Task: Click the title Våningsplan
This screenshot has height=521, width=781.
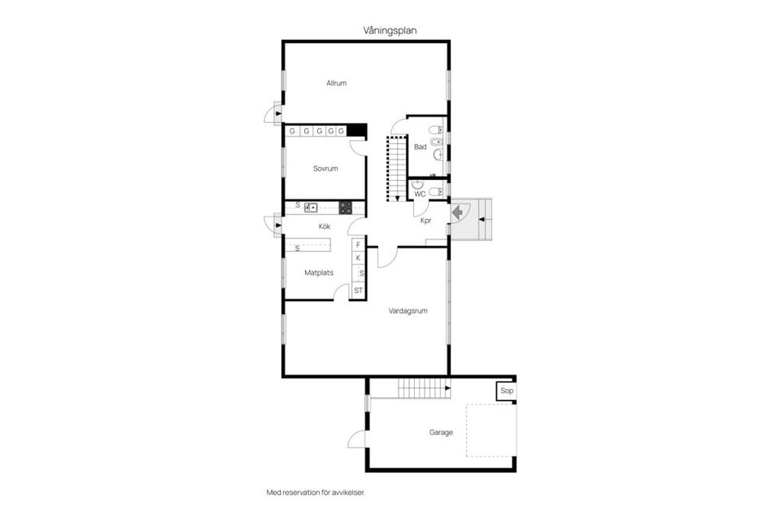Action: [x=390, y=30]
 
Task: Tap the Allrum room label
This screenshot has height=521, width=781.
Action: [x=336, y=83]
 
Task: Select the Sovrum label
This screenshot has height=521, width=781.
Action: [x=325, y=169]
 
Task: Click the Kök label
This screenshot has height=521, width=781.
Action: [x=325, y=226]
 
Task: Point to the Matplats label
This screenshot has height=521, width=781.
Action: [x=319, y=273]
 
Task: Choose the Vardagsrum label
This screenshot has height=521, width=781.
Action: [x=408, y=311]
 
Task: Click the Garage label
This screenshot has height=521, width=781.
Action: [x=441, y=432]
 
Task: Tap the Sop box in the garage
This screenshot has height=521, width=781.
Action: [x=507, y=391]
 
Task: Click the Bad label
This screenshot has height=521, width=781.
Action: [x=421, y=147]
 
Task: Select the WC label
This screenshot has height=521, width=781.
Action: [x=420, y=194]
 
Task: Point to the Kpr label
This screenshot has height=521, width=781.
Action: [x=425, y=221]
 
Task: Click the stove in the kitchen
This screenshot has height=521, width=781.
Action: [x=346, y=208]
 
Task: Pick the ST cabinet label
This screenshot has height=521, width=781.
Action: [x=358, y=290]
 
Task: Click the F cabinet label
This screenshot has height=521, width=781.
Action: [x=358, y=245]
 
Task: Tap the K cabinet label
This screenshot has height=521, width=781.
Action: [x=358, y=258]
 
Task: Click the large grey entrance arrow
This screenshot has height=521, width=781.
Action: [x=457, y=213]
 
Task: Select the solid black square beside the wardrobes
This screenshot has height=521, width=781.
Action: [x=357, y=130]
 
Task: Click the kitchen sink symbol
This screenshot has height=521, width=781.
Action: [x=311, y=208]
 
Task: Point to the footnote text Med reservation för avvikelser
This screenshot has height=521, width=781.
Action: [x=316, y=493]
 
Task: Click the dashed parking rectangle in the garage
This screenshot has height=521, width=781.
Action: [x=467, y=431]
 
